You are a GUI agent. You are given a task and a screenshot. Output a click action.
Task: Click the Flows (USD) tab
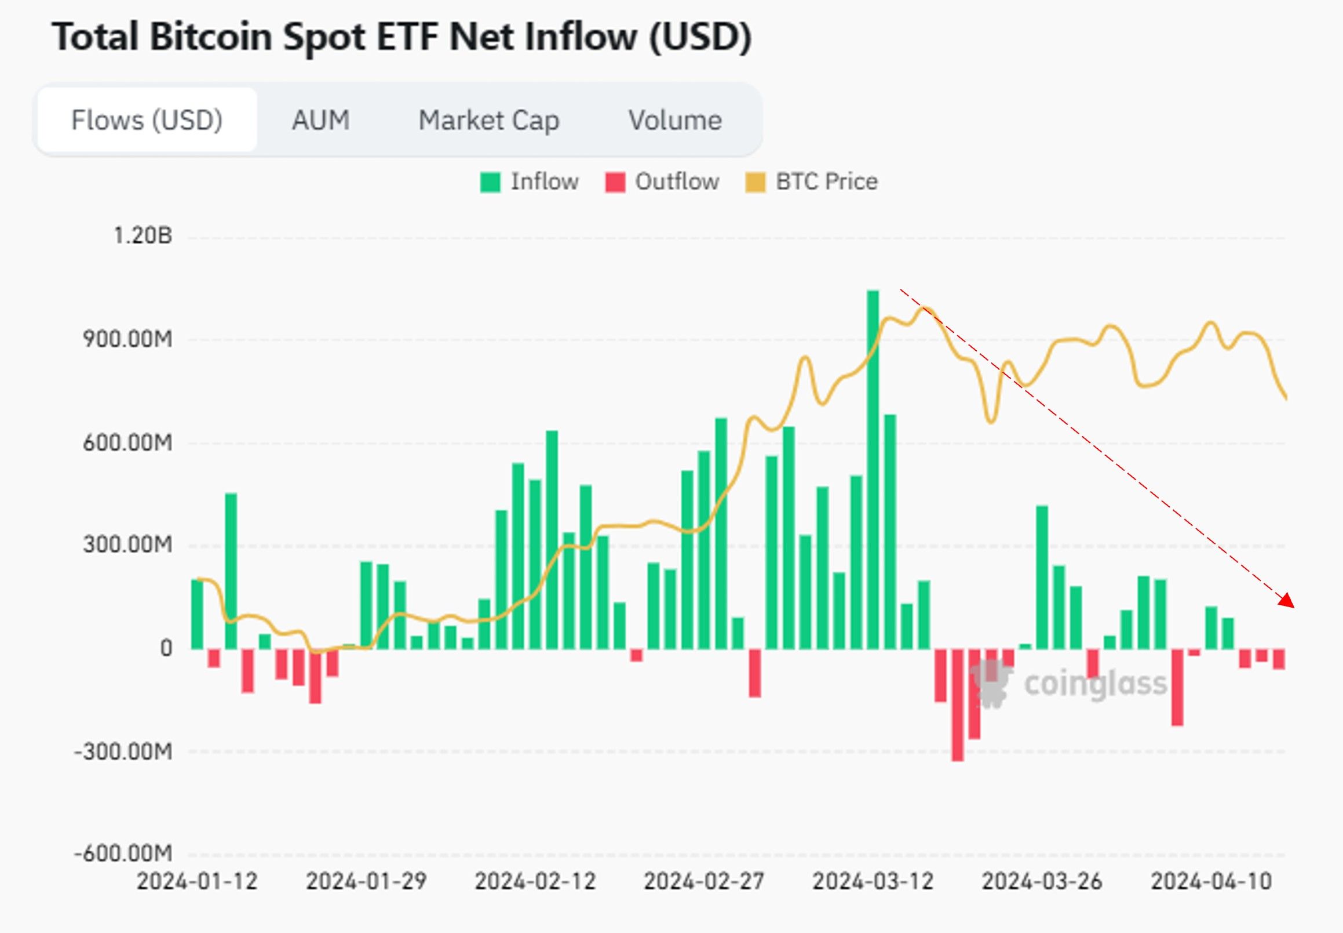point(147,121)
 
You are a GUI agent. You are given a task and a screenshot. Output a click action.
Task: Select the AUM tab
point(321,121)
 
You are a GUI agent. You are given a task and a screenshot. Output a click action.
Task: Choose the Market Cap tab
point(489,121)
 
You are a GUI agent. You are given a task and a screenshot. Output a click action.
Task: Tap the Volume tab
point(675,121)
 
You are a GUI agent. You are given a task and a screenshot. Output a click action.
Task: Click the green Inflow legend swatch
point(490,183)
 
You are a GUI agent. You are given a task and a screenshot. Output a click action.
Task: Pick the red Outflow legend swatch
point(615,183)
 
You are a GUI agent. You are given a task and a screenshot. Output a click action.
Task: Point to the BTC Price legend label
point(826,182)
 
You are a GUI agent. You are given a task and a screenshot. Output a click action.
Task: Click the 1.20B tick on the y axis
point(143,235)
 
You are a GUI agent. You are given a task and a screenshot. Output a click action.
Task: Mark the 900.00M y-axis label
point(128,339)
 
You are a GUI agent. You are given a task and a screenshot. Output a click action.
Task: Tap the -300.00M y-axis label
point(123,751)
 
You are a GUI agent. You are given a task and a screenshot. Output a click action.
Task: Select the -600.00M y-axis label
point(123,854)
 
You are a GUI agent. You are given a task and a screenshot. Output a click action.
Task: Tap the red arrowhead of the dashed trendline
point(1287,601)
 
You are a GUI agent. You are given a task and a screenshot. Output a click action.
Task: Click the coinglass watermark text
point(1095,683)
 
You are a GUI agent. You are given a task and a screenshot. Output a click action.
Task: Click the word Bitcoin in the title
point(211,37)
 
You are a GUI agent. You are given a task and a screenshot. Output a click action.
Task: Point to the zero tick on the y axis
point(166,648)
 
